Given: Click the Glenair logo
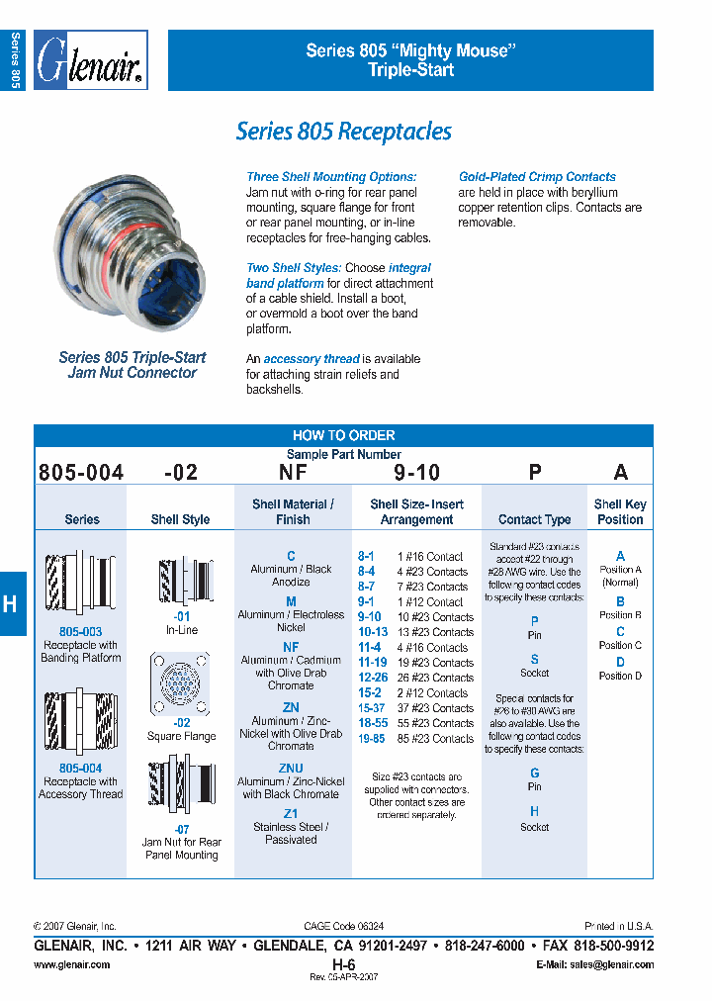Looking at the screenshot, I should pos(91,61).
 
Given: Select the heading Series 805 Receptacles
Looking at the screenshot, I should pos(343,132).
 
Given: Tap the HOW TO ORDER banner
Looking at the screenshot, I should pos(343,435).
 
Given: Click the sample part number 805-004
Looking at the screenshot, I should pos(81,473).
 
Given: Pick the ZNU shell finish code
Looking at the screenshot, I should pos(291,768).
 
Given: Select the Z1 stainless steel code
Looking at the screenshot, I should pos(291,813).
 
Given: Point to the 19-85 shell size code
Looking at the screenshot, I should pos(372,739).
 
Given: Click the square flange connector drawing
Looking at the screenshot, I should pos(179,684).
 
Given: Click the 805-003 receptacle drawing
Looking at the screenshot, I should pos(81,585).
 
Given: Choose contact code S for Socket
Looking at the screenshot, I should pos(534,659).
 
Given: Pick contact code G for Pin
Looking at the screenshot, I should pos(534,773).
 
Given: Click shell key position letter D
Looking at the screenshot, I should pos(620,661).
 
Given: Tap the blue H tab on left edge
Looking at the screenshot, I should pos(11,603).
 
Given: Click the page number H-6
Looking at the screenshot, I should pos(343,963).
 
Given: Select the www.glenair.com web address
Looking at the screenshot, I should pos(72,964).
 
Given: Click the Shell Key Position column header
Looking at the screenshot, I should pos(620,511).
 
